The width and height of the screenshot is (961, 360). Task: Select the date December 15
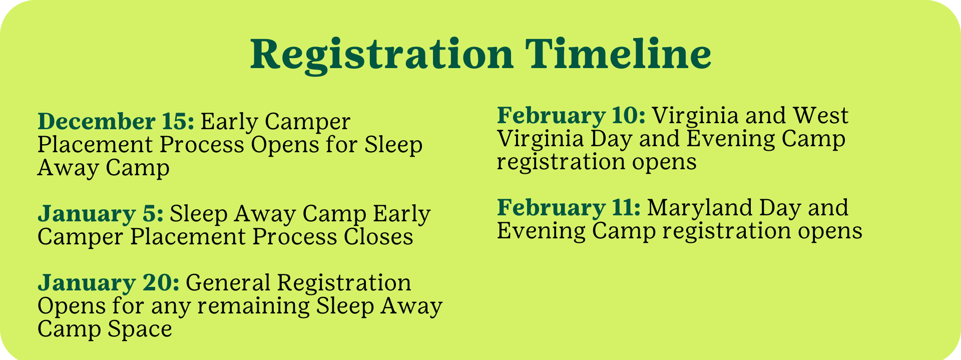[x=116, y=122]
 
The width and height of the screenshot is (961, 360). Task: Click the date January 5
[x=101, y=214]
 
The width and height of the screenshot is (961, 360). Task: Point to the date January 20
[x=109, y=283]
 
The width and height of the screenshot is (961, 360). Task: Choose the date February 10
[x=571, y=116]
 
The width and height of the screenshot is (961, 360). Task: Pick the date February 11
[x=569, y=208]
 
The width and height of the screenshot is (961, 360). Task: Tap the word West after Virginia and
[x=821, y=116]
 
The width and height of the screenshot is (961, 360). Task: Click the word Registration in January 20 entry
[x=344, y=283]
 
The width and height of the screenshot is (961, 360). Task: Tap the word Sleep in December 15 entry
[x=393, y=145]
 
